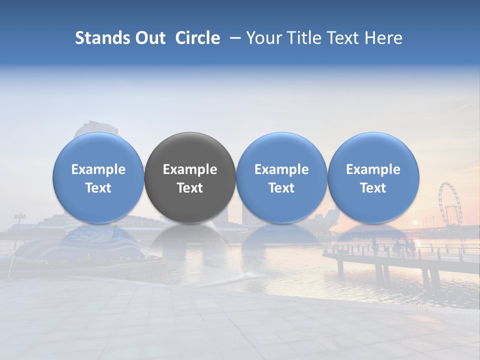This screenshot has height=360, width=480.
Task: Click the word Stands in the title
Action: (102, 38)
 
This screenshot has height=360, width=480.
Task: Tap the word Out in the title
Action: (150, 38)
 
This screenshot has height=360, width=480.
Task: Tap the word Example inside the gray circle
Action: (190, 169)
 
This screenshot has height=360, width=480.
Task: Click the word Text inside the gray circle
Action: (190, 188)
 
